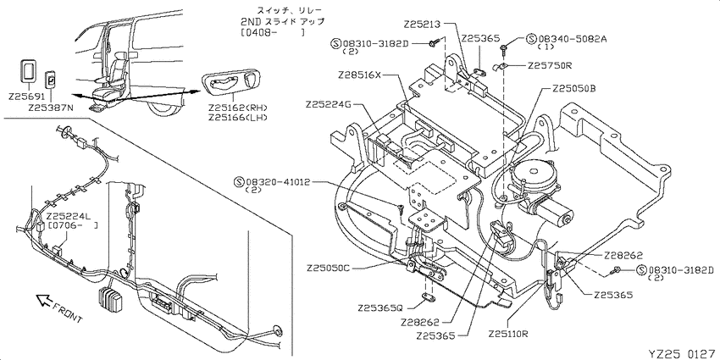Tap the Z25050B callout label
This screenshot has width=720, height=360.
coord(573,88)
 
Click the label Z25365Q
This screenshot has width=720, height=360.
coord(380,307)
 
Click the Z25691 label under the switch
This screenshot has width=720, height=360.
coord(26,97)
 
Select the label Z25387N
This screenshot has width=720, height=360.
coord(50,108)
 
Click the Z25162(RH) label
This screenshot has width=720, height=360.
coord(237,108)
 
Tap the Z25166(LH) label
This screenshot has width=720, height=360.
coord(237,118)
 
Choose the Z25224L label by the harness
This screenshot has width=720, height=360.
coord(68,216)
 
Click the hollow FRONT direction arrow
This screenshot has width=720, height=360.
coord(45,301)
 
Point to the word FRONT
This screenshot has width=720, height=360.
coord(68,313)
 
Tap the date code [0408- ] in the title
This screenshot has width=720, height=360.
coord(272,32)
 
